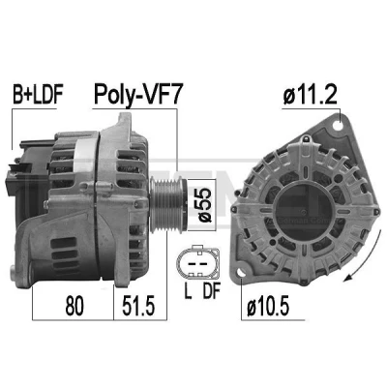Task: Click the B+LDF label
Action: coord(37,95)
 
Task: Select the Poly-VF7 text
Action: coord(138,94)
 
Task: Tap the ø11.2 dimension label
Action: coord(311,95)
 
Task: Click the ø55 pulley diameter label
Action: coord(204,205)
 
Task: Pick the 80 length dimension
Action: coord(74,306)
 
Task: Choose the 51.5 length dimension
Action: coord(138,306)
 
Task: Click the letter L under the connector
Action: coord(188,290)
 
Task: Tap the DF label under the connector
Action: coord(211,290)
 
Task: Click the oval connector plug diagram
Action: coord(197,263)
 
